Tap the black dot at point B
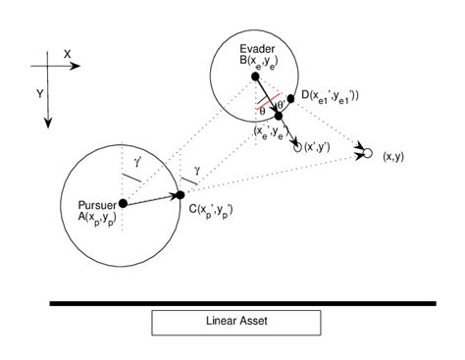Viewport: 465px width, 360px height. point(255,76)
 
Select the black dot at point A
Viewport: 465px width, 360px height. point(124,204)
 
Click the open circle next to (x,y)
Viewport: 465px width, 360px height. point(369,154)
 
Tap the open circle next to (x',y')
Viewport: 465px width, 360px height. point(297,145)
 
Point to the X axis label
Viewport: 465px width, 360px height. point(67,56)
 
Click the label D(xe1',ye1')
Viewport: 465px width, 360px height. point(330,95)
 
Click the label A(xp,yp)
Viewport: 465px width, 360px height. point(98,217)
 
